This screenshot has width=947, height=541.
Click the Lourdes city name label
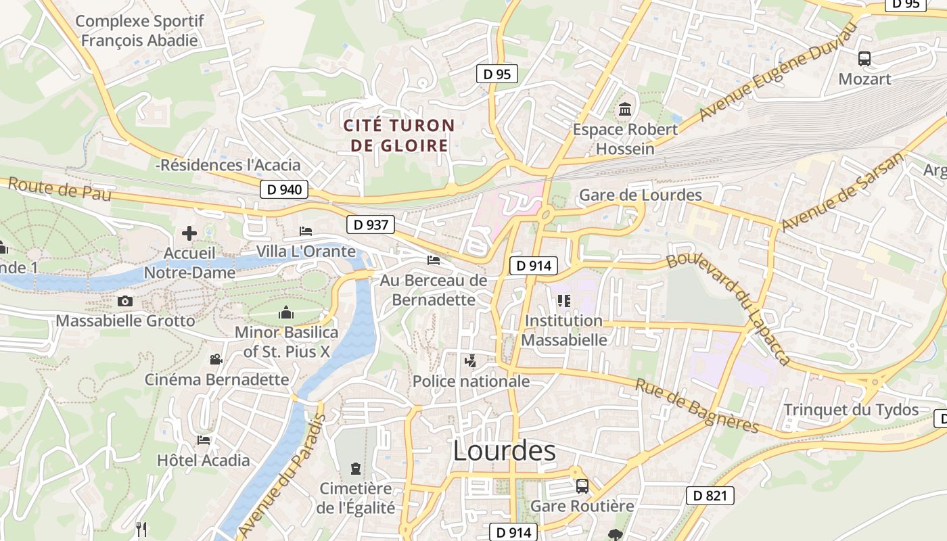pyautogui.click(x=504, y=451)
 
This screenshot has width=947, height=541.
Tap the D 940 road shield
pyautogui.click(x=284, y=189)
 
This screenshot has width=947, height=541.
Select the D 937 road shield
pyautogui.click(x=371, y=225)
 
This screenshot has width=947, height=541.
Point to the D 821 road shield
pyautogui.click(x=710, y=496)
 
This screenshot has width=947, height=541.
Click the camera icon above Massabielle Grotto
pyautogui.click(x=125, y=301)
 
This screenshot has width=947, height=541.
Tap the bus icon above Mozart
pyautogui.click(x=864, y=59)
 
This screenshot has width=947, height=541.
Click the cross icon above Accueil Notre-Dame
pyautogui.click(x=189, y=234)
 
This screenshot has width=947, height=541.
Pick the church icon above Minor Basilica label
pyautogui.click(x=286, y=313)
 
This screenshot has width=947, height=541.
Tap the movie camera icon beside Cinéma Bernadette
pyautogui.click(x=216, y=360)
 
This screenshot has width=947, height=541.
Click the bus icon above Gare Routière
pyautogui.click(x=582, y=486)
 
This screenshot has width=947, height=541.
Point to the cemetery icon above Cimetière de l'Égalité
pyautogui.click(x=355, y=468)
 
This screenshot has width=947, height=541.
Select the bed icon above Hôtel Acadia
pyautogui.click(x=204, y=440)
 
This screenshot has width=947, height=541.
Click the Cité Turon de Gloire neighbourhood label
pyautogui.click(x=399, y=135)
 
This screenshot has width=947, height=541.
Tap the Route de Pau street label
pyautogui.click(x=60, y=190)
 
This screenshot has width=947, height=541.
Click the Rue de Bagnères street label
pyautogui.click(x=697, y=405)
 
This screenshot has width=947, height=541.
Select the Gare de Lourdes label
pyautogui.click(x=641, y=195)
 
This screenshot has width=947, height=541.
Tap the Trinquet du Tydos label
pyautogui.click(x=851, y=410)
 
